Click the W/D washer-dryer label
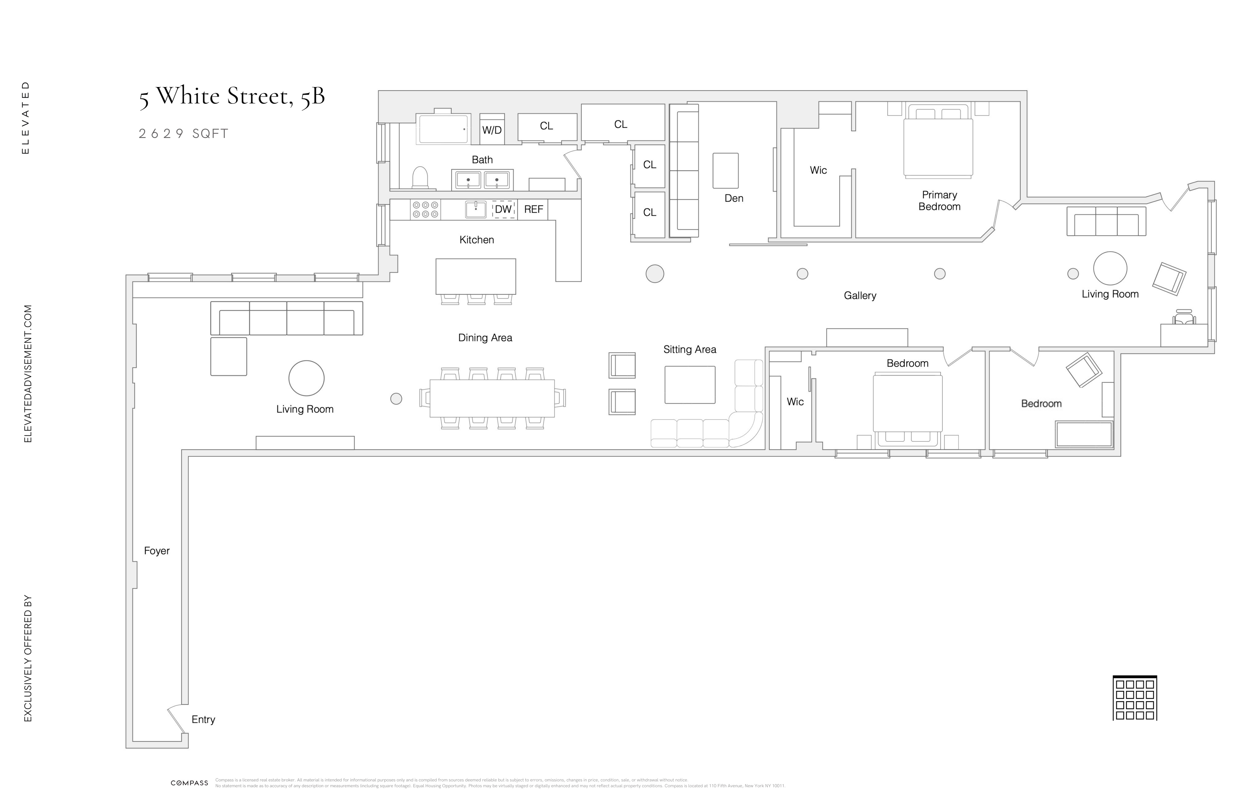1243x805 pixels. [492, 130]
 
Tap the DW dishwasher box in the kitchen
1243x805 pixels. [503, 210]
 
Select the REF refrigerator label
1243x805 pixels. [533, 210]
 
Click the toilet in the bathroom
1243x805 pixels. [420, 178]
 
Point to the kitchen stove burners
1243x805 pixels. [425, 210]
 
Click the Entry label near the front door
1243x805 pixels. [203, 719]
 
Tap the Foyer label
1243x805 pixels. [157, 551]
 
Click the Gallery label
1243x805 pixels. [860, 296]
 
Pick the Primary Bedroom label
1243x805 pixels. [939, 201]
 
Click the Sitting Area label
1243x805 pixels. [689, 349]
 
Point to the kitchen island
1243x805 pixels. [475, 276]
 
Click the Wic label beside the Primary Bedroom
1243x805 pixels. [818, 170]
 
